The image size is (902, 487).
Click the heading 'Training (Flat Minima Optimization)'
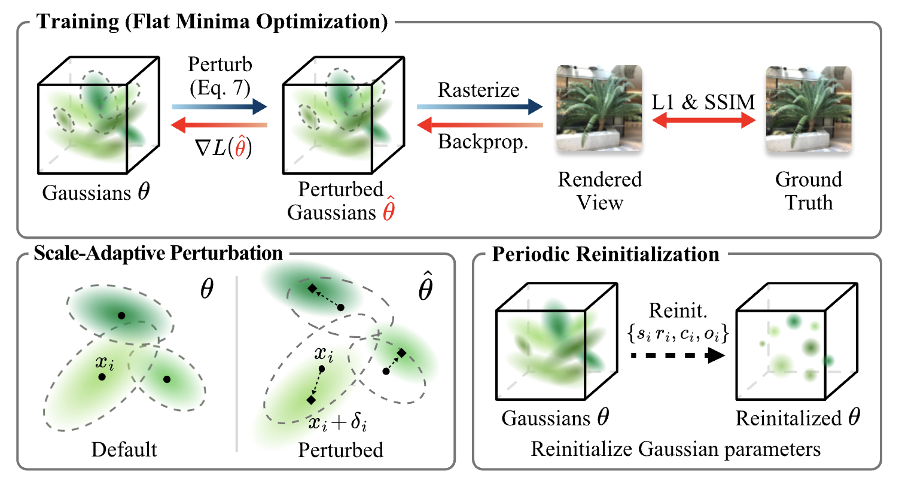click(212, 22)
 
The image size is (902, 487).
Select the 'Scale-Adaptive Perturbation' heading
click(158, 253)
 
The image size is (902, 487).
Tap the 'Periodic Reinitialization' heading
click(605, 254)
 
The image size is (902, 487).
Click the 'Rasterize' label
click(479, 90)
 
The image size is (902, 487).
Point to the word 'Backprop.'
click(483, 142)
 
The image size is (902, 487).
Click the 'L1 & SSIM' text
click(703, 102)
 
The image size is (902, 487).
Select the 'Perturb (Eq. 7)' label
click(220, 76)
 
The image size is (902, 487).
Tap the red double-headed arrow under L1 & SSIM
click(703, 121)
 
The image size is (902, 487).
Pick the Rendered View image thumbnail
click(599, 108)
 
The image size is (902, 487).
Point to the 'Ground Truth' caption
click(809, 191)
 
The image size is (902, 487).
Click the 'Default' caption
click(124, 449)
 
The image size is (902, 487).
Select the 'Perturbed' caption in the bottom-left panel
click(340, 449)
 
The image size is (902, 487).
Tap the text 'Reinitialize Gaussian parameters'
click(675, 449)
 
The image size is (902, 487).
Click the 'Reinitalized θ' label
click(797, 418)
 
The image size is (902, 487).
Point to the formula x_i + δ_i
click(337, 423)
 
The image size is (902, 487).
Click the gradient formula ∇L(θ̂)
click(224, 147)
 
